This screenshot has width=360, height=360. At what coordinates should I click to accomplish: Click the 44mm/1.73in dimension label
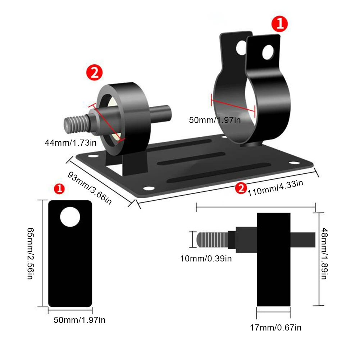click(x=70, y=142)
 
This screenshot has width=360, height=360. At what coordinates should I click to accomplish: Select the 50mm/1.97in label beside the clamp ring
click(x=215, y=120)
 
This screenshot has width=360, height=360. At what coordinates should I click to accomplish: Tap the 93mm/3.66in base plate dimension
click(x=90, y=187)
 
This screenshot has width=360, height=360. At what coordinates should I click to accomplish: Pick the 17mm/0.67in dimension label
click(x=275, y=327)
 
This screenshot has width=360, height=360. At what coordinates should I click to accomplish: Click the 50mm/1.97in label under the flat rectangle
click(x=79, y=320)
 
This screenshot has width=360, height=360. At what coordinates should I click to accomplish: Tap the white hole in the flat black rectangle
click(x=70, y=217)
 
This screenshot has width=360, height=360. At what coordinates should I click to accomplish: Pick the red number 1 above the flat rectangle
click(x=59, y=188)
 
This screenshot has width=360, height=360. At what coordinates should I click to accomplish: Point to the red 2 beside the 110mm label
click(x=241, y=187)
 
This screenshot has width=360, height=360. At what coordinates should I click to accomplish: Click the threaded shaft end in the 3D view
click(x=76, y=123)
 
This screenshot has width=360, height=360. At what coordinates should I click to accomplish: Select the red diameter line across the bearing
click(x=107, y=123)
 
